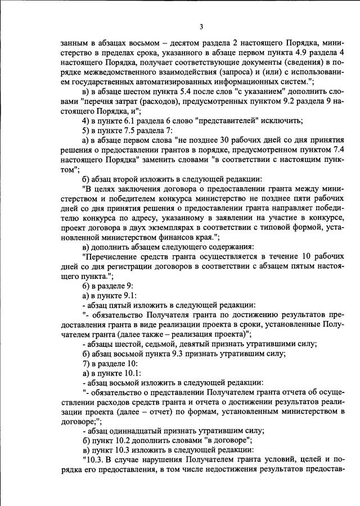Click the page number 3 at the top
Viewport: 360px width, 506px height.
point(201,26)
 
